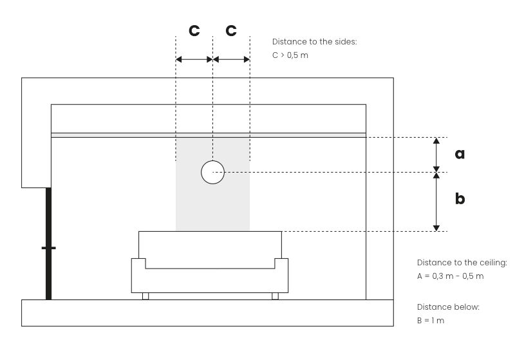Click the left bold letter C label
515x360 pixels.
click(194, 30)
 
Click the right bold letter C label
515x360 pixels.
click(231, 30)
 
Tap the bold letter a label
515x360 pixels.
click(460, 154)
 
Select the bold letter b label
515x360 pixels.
click(460, 198)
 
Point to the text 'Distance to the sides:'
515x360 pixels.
click(314, 42)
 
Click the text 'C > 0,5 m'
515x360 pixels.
click(290, 55)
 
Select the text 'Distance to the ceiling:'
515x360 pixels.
click(462, 263)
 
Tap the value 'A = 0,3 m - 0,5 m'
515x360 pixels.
click(450, 276)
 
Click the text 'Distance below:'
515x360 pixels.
click(448, 307)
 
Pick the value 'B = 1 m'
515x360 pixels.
click(431, 321)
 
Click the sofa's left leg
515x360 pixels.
click(145, 296)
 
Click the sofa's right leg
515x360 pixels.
click(276, 296)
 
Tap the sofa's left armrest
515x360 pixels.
click(138, 275)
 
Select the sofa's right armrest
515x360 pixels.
click(281, 275)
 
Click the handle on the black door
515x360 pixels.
click(49, 248)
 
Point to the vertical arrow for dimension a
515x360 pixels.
click(436, 155)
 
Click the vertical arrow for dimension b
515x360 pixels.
click(436, 202)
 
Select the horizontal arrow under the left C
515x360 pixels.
click(194, 59)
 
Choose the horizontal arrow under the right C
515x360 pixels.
click(231, 59)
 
